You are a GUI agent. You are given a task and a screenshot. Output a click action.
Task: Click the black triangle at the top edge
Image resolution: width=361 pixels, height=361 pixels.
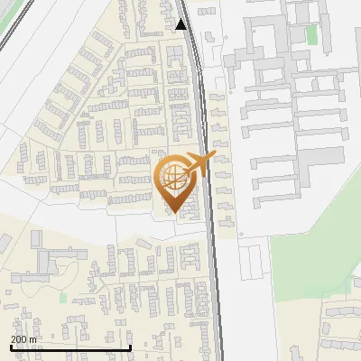(181, 24)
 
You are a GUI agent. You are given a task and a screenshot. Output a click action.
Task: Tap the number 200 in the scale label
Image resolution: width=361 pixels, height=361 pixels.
(18, 339)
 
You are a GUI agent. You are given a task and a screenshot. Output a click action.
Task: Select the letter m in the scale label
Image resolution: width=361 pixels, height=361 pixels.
(32, 339)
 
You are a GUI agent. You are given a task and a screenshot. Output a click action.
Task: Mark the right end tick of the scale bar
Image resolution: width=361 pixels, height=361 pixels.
(131, 347)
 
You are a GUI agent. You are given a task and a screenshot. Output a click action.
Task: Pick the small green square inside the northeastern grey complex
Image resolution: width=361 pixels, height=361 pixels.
(312, 34)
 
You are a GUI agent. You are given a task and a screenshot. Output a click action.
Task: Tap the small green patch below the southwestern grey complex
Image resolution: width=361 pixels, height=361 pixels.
(62, 296)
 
